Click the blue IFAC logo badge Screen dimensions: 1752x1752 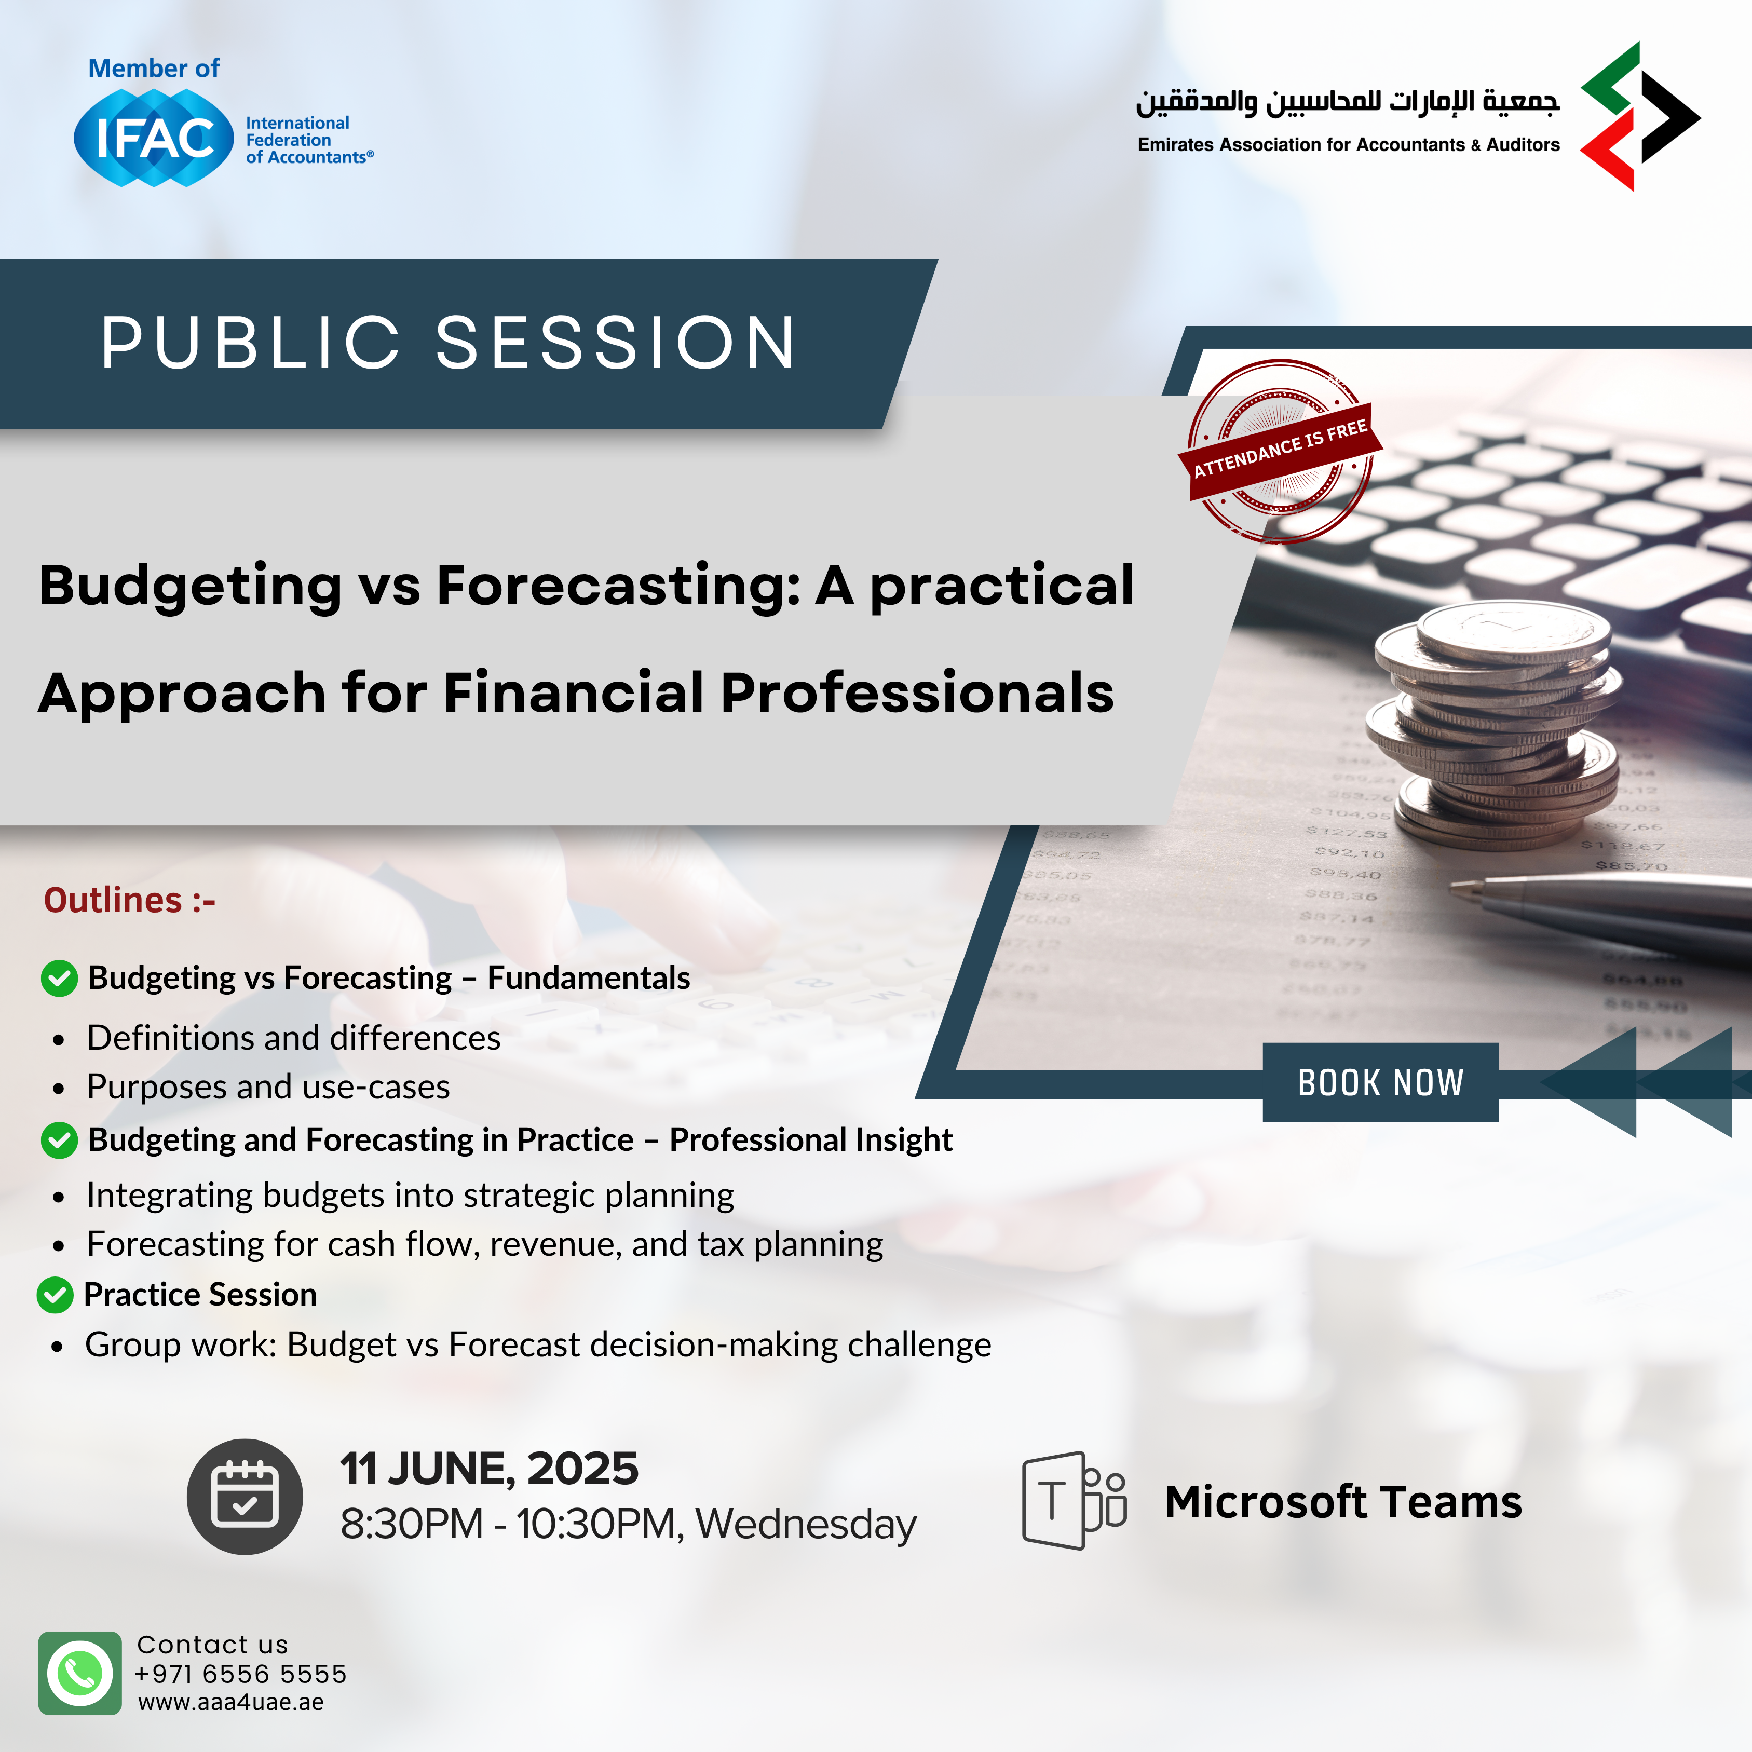[x=154, y=138]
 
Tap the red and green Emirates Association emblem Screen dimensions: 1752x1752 [x=1639, y=116]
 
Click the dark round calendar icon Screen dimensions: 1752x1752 [x=245, y=1496]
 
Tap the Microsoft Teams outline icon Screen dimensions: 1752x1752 [x=1074, y=1501]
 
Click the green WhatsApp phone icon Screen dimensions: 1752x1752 [x=80, y=1673]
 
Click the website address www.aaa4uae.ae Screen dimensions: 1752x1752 [x=230, y=1702]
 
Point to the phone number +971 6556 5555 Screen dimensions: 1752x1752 [x=240, y=1673]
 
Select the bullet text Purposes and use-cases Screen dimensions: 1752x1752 [x=268, y=1086]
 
